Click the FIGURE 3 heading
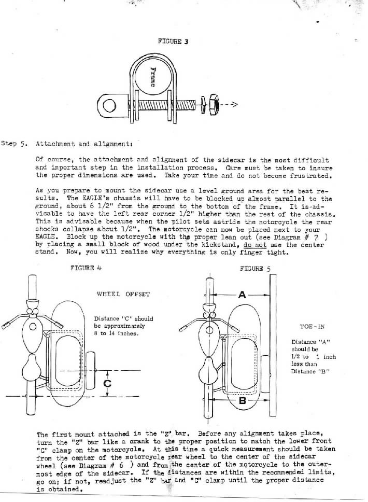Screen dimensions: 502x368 (173, 41)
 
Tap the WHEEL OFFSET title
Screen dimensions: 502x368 (123, 294)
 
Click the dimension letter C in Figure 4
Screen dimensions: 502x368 (108, 384)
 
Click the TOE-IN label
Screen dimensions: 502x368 (312, 327)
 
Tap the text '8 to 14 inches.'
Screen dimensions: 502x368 (117, 333)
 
